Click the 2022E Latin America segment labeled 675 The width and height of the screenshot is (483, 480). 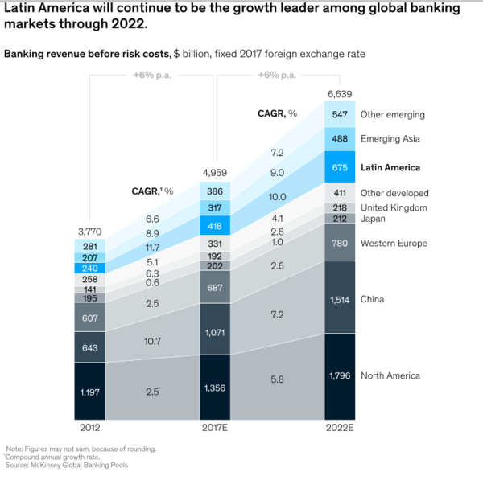tap(340, 167)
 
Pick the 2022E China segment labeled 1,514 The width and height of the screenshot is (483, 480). tap(340, 299)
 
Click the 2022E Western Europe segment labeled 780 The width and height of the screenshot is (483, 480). tap(340, 243)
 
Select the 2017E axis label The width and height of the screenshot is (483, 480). tap(214, 427)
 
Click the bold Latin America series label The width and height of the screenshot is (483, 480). tap(390, 167)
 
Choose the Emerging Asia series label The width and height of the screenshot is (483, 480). tap(390, 139)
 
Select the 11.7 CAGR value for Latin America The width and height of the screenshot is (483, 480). tap(151, 247)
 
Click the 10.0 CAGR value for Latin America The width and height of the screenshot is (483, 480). tap(277, 197)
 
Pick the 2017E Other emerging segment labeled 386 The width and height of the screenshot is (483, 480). tap(214, 192)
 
